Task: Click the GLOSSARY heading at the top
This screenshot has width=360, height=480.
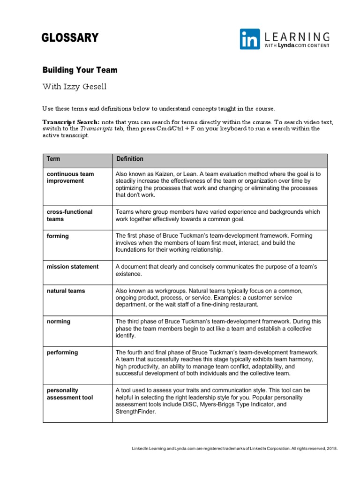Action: click(x=70, y=38)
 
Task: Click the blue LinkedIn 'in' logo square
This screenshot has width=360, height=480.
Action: click(x=250, y=39)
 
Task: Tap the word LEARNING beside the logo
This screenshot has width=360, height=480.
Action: click(x=297, y=37)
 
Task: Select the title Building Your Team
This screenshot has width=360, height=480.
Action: click(x=80, y=70)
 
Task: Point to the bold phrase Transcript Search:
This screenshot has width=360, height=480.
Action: click(x=71, y=122)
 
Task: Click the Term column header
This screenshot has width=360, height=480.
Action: click(x=53, y=159)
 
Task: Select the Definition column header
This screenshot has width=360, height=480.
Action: click(x=130, y=159)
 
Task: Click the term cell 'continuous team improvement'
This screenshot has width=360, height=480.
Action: click(x=70, y=177)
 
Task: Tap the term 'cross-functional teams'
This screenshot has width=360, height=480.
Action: click(x=70, y=215)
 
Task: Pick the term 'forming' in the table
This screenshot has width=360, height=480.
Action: click(x=58, y=236)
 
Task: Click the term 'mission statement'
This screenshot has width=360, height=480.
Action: click(x=73, y=267)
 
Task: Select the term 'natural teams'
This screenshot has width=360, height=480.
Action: click(x=66, y=291)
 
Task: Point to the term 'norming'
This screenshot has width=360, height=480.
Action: click(x=59, y=322)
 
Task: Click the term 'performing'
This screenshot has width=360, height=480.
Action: click(x=62, y=352)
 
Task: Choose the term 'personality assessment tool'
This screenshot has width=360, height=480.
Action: click(x=70, y=394)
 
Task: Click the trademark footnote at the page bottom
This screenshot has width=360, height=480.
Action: click(x=234, y=449)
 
